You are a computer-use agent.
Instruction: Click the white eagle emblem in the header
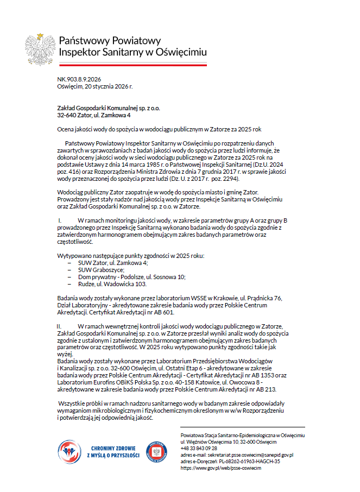39,47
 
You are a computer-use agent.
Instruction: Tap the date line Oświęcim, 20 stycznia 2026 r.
94,86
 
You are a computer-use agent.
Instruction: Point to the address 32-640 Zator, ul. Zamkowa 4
93,115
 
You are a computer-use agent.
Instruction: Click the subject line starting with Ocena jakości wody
159,130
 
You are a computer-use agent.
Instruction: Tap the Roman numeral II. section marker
61,326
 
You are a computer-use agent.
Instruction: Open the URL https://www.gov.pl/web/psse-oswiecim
221,468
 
